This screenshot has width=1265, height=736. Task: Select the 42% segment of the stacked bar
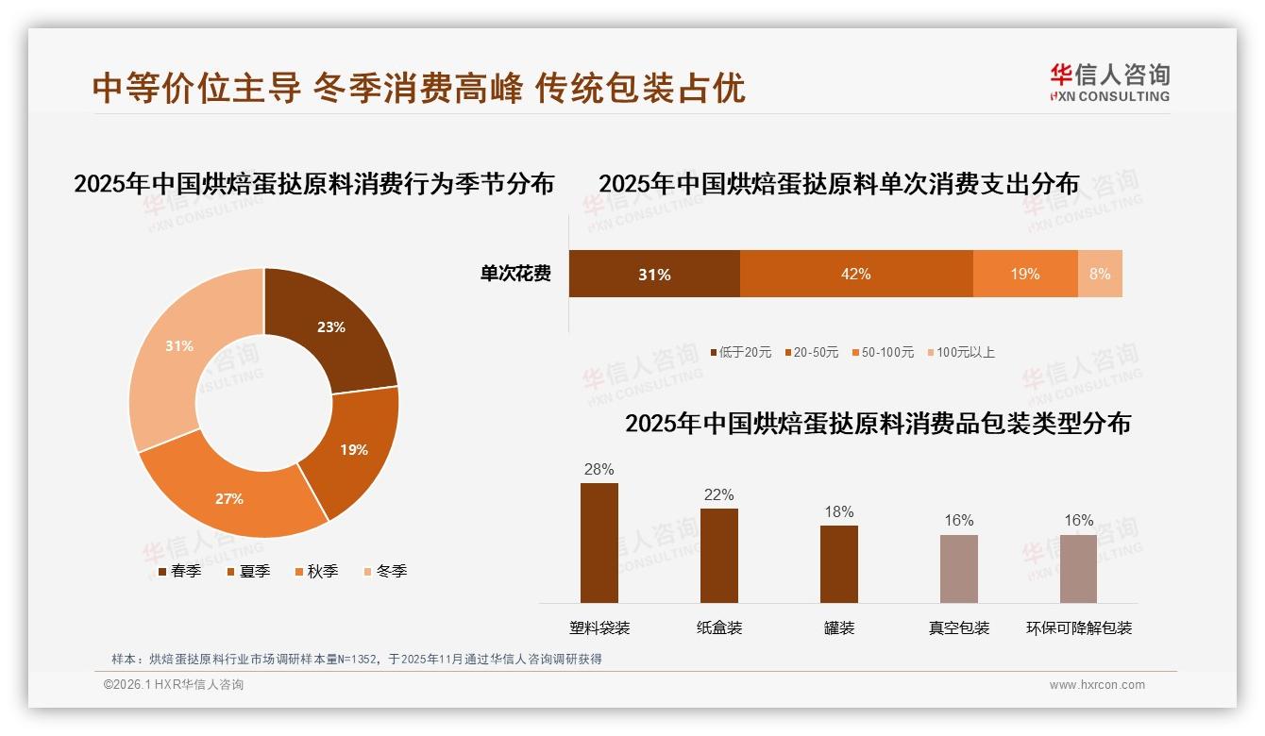pos(855,275)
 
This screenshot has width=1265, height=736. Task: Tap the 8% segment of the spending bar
pos(1100,275)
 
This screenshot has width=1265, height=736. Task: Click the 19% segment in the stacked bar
pos(1024,275)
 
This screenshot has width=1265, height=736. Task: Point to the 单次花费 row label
pos(515,275)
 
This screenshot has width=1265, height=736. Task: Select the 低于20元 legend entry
pos(740,352)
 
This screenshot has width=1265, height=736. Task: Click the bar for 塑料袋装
pos(599,543)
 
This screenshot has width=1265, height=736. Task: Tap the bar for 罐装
pos(838,563)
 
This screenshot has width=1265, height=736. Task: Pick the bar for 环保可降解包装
pos(1078,568)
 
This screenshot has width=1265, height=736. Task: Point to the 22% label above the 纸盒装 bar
pos(718,494)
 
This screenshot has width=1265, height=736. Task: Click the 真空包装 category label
pos(959,627)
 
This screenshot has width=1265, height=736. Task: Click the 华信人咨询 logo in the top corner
pos(1110,82)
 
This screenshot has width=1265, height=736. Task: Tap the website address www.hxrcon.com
pos(1097,685)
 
